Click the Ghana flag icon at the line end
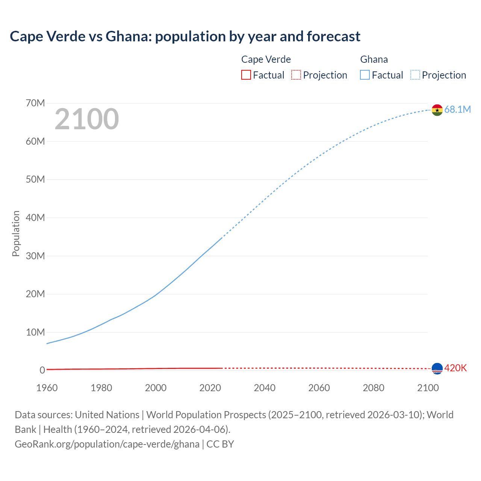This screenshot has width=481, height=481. pos(437,110)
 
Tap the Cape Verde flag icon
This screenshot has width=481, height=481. pos(437,369)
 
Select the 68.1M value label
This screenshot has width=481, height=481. pos(457,109)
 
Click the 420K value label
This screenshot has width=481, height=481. pos(455,368)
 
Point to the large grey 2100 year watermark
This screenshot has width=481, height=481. pos(87,119)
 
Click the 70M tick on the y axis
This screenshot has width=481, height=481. pos(35,103)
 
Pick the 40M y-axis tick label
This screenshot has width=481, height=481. pos(35,218)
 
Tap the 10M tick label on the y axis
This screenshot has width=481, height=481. pos(35,332)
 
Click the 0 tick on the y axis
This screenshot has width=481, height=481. pos(42,371)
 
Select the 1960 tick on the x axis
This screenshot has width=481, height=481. pos(47,388)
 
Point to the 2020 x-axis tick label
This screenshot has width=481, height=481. pos(210,388)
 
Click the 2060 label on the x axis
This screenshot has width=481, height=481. pos(319,388)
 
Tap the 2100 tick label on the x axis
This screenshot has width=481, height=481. pos(428,388)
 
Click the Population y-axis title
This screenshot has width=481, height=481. pos(16,233)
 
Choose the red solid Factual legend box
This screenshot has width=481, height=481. pos(246,75)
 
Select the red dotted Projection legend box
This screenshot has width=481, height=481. pos(296,75)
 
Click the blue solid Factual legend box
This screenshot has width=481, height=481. pos(365,75)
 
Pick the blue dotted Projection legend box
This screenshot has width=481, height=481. pos(415,75)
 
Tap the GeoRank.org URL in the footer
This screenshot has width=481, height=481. pos(107,444)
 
